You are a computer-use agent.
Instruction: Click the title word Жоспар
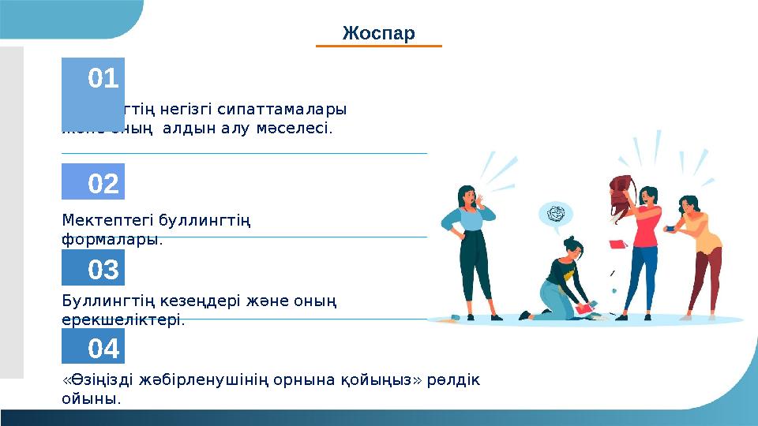click(x=378, y=33)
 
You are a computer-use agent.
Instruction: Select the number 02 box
click(x=93, y=182)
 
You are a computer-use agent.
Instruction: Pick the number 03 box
click(x=93, y=268)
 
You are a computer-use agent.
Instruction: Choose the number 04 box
click(x=93, y=346)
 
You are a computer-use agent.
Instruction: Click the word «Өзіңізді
click(x=97, y=379)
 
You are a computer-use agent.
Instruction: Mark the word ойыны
click(x=91, y=398)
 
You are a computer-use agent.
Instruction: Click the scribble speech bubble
click(x=555, y=214)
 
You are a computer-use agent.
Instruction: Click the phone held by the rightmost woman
click(x=670, y=228)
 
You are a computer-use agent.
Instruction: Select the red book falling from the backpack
click(x=617, y=244)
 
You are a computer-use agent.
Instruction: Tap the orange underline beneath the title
click(x=378, y=47)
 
